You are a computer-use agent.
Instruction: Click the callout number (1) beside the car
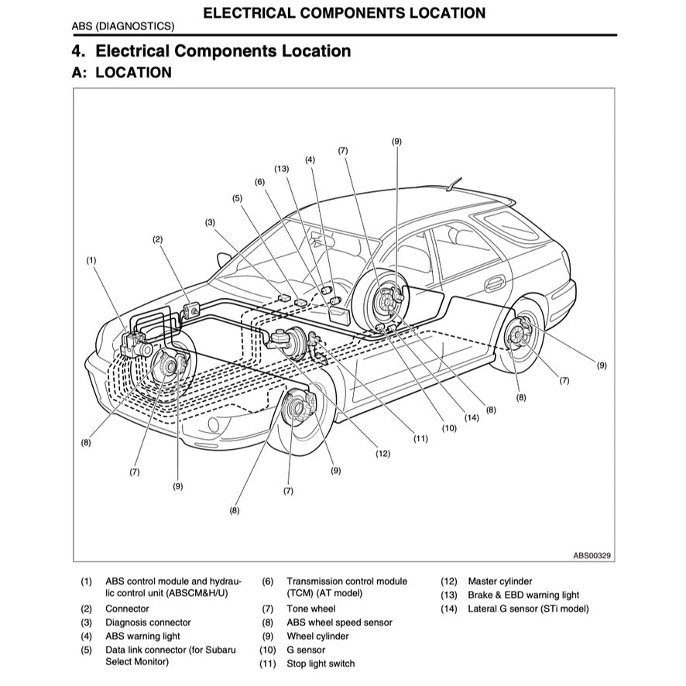pos(91,261)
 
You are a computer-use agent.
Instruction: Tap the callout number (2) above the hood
pos(158,240)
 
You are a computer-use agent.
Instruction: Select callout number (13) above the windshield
pos(281,168)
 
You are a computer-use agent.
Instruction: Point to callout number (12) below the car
pos(382,454)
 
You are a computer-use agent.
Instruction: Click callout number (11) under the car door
pos(420,438)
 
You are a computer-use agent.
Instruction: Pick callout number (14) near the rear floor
pos(472,418)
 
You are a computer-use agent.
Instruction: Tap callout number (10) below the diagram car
pos(450,427)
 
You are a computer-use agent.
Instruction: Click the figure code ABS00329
pos(592,555)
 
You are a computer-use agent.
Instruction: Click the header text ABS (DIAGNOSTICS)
pos(123,26)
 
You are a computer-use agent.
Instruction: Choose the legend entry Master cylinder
pos(499,581)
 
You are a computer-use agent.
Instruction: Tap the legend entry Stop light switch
pos(321,664)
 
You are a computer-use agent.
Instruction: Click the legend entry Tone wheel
pos(311,609)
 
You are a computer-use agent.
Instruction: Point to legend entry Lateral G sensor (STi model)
pos(528,609)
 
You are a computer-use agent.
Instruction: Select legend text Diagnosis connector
pos(148,623)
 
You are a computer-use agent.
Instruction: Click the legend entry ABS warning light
pos(142,636)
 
